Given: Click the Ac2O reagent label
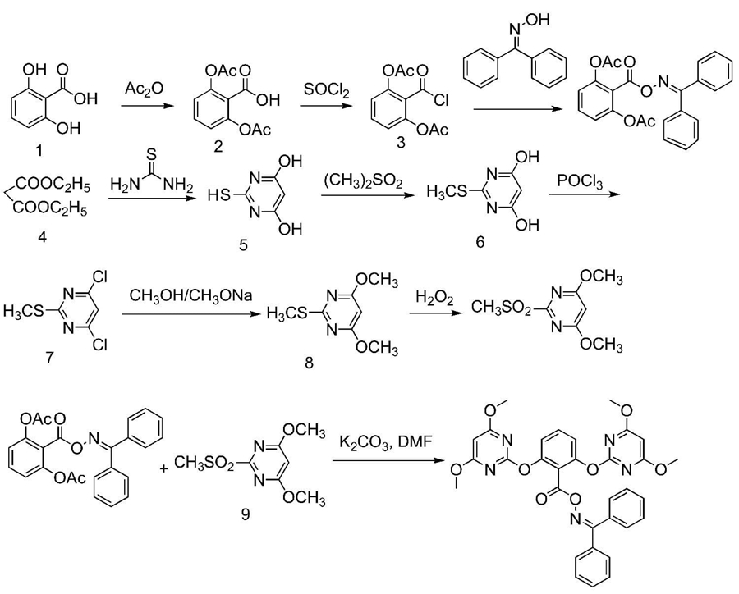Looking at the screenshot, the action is (x=144, y=88).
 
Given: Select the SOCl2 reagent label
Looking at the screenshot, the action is (x=326, y=89).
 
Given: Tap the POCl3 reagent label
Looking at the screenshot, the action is (x=579, y=182).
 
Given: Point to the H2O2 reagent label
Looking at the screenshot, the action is (x=434, y=298).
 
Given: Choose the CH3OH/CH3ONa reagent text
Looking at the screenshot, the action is (x=190, y=296).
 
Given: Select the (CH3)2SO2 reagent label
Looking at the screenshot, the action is (x=363, y=181).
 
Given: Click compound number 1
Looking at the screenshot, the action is (x=39, y=150).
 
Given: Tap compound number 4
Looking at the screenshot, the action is (x=42, y=237).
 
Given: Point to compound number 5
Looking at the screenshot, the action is (x=243, y=245).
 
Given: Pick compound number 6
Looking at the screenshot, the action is (x=480, y=242).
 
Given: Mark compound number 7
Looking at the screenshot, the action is (x=49, y=358).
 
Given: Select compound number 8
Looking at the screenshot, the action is (x=310, y=363).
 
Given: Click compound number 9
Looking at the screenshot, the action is (x=245, y=515).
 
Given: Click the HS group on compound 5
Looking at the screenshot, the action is (x=219, y=195).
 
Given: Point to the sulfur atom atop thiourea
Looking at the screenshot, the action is (x=151, y=154).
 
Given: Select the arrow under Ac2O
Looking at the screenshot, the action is (x=145, y=107).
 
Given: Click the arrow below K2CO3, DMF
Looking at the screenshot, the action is (x=390, y=460).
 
